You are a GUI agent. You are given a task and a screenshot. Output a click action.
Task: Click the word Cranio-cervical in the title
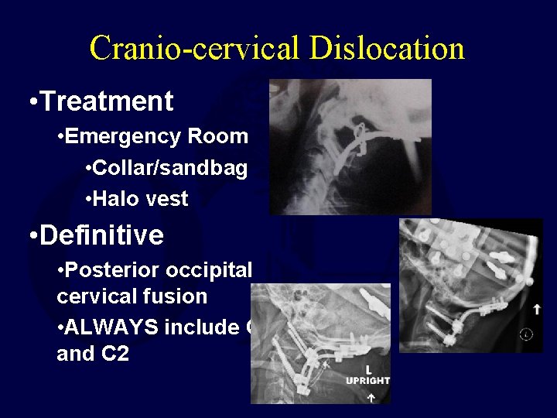coord(193,48)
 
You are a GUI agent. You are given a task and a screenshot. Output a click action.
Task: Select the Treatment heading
coord(107,101)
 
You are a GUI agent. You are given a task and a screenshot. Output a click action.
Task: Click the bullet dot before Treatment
coord(29,102)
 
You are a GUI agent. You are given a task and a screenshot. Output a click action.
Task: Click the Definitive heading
coord(101,235)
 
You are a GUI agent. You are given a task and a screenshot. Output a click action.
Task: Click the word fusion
coord(179,296)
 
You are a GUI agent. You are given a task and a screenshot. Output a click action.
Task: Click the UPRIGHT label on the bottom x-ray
coord(367,381)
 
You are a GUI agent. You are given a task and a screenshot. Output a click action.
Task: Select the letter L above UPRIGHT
coord(370,369)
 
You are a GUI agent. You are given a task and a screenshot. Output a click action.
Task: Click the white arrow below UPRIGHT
coord(371,396)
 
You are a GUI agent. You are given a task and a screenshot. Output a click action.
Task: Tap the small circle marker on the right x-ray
coord(527,334)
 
